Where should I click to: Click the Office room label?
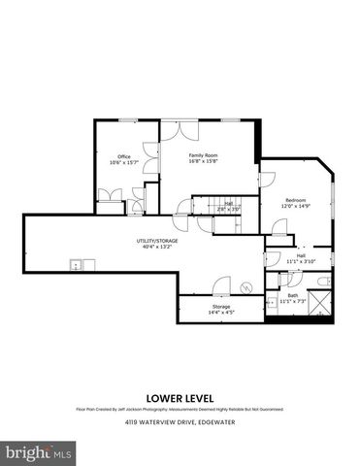pyautogui.click(x=124, y=159)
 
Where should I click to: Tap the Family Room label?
pyautogui.click(x=203, y=158)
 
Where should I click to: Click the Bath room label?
pyautogui.click(x=293, y=298)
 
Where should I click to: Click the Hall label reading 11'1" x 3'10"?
pyautogui.click(x=301, y=258)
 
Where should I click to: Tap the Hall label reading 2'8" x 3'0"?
pyautogui.click(x=227, y=206)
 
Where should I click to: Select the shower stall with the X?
pyautogui.click(x=329, y=300)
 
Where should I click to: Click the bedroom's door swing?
pyautogui.click(x=278, y=229)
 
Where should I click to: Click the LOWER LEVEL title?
pyautogui.click(x=180, y=397)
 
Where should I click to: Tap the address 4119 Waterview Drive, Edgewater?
pyautogui.click(x=180, y=424)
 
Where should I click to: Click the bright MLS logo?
pyautogui.click(x=39, y=452)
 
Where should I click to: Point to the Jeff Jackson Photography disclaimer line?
pyautogui.click(x=180, y=410)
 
